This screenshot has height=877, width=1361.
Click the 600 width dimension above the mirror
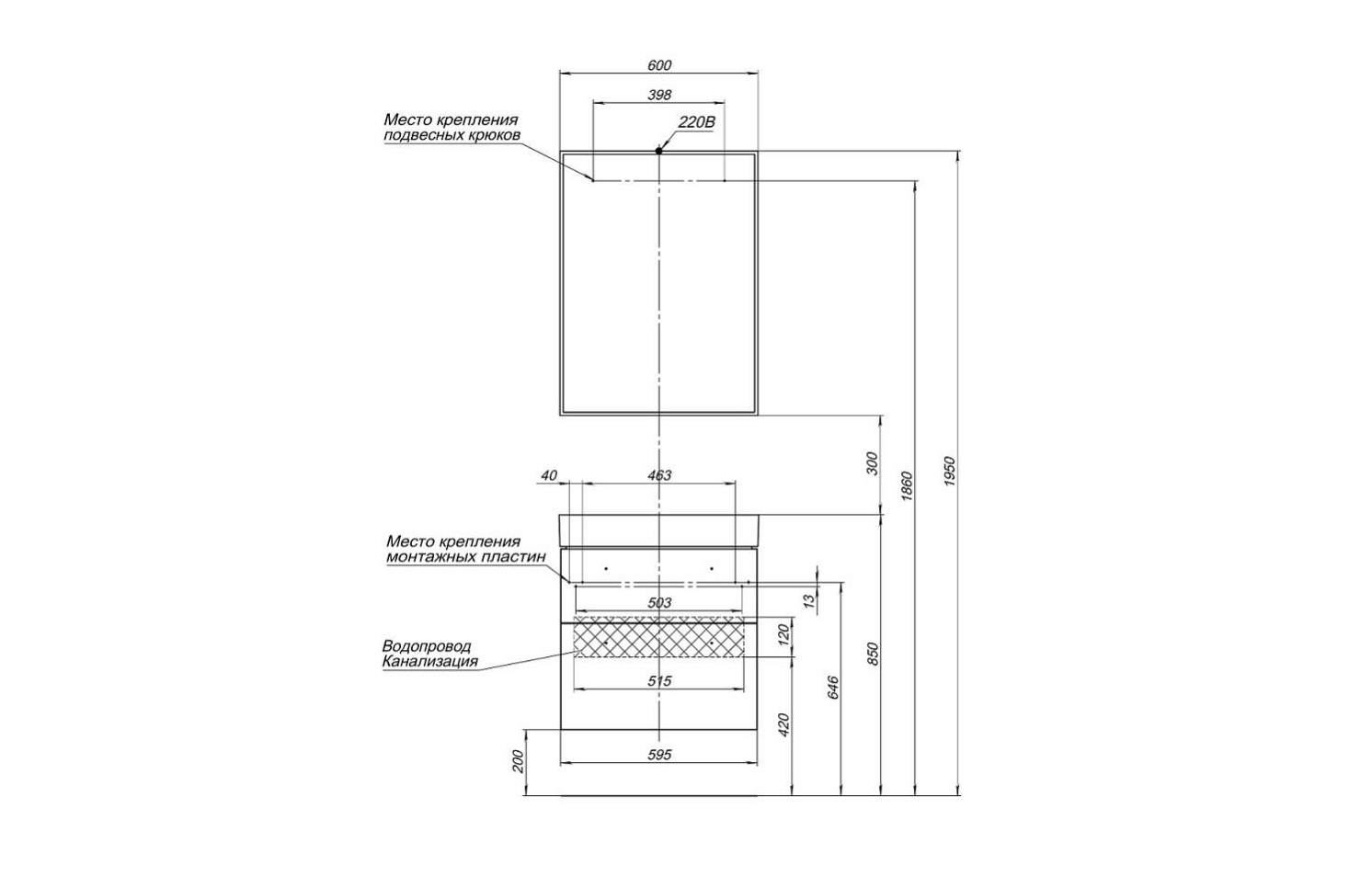659,65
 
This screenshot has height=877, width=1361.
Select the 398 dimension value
659,95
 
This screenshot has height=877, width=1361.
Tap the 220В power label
696,122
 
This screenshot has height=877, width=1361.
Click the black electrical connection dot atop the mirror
658,150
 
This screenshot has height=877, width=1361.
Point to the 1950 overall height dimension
952,472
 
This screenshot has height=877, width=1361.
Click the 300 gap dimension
874,463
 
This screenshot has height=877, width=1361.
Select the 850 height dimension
875,655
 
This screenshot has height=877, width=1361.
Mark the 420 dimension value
784,725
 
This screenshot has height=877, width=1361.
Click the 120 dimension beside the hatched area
784,635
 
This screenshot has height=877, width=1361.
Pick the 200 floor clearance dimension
518,761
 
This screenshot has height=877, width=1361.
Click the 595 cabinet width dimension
659,755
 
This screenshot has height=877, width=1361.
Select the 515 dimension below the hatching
659,681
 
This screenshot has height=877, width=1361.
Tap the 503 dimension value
659,603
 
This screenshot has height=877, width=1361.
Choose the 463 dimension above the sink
659,475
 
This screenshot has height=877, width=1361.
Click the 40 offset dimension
549,475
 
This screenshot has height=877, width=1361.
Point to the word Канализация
429,661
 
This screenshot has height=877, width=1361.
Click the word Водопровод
426,646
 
